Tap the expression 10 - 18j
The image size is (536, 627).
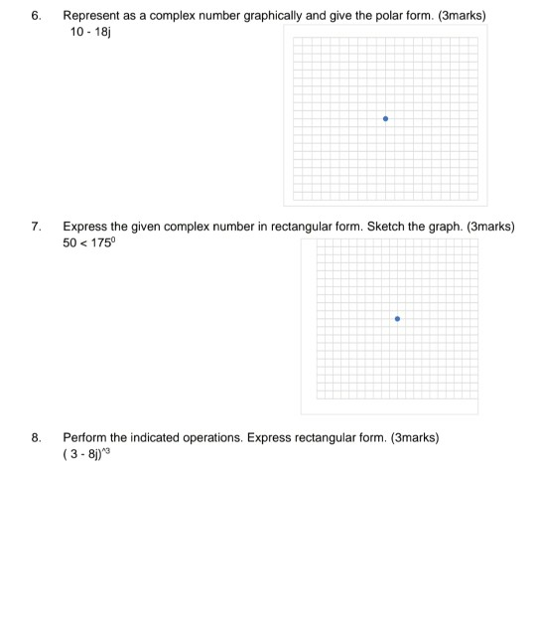tap(85, 33)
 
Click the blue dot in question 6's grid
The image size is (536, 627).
tap(386, 119)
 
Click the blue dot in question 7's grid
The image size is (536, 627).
tap(397, 319)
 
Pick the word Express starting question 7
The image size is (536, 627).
tap(84, 227)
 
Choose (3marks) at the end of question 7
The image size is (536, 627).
tap(490, 227)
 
